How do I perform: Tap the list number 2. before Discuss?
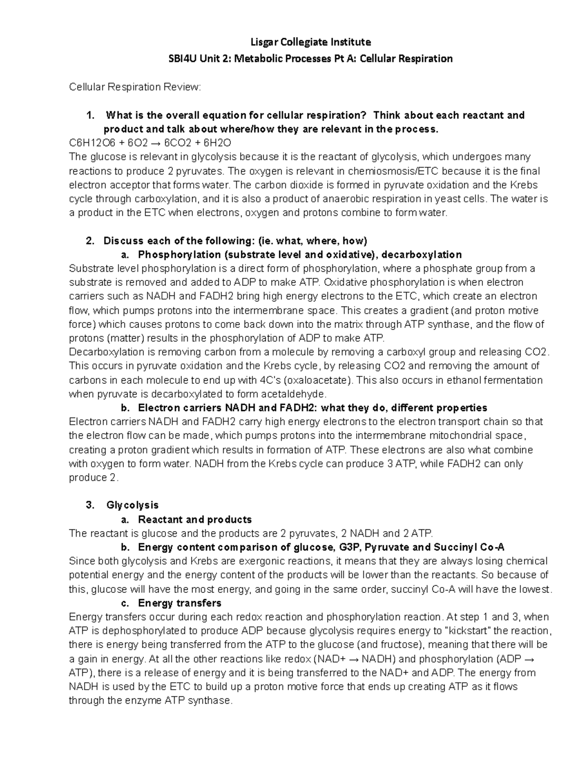point(90,241)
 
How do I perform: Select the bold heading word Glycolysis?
point(133,505)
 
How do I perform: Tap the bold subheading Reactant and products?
point(195,520)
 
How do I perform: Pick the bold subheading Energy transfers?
point(180,603)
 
